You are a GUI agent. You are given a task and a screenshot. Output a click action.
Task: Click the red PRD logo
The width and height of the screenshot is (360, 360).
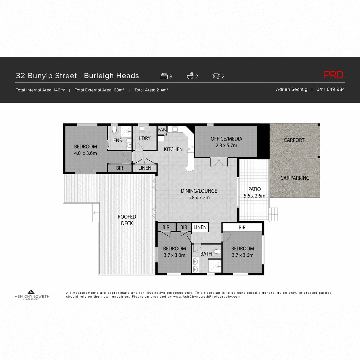pyautogui.click(x=334, y=75)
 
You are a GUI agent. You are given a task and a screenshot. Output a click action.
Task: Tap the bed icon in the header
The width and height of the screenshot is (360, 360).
pyautogui.click(x=164, y=76)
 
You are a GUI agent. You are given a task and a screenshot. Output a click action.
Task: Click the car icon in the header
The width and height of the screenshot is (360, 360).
pyautogui.click(x=216, y=76)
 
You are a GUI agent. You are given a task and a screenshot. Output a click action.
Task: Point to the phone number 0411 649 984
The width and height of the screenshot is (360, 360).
pyautogui.click(x=330, y=89)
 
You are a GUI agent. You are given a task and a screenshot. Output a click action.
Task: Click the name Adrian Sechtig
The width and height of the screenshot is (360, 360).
pyautogui.click(x=292, y=89)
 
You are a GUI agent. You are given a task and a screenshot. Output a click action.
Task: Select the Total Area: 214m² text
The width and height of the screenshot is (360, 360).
pyautogui.click(x=151, y=90)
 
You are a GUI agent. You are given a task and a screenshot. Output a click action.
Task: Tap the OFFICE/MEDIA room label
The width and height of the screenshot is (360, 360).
pyautogui.click(x=226, y=139)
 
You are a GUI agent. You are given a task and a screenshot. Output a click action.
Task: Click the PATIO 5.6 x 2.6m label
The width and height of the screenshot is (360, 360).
pyautogui.click(x=254, y=193)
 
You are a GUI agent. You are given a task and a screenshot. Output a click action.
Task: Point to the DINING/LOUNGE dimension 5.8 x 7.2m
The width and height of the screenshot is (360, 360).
pyautogui.click(x=199, y=198)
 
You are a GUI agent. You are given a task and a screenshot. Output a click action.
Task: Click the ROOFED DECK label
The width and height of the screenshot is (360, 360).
pyautogui.click(x=127, y=220)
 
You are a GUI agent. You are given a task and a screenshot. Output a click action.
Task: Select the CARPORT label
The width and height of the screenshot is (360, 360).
pyautogui.click(x=294, y=140)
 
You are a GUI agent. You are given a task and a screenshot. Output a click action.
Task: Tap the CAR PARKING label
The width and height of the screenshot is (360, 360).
pyautogui.click(x=295, y=178)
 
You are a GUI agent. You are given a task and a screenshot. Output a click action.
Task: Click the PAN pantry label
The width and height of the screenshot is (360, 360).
pyautogui.click(x=162, y=130)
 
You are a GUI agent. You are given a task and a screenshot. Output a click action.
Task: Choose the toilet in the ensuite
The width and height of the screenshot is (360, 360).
pyautogui.click(x=114, y=130)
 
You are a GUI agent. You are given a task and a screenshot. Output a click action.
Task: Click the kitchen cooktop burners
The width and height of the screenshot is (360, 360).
pyautogui.click(x=190, y=149)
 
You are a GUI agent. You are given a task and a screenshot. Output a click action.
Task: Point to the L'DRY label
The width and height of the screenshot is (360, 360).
pyautogui.click(x=145, y=138)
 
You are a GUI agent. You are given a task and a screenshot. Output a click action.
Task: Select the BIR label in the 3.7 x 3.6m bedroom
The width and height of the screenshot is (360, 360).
pyautogui.click(x=242, y=228)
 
